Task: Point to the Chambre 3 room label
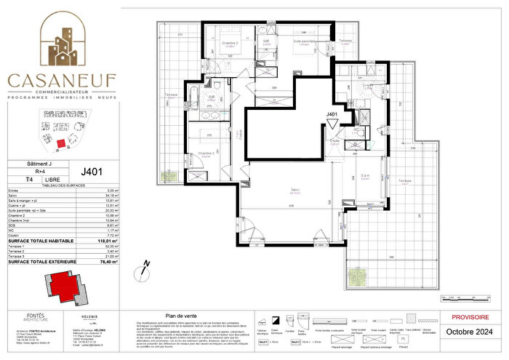pyautogui.click(x=209, y=153)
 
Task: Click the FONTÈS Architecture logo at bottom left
pyautogui.click(x=30, y=317)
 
